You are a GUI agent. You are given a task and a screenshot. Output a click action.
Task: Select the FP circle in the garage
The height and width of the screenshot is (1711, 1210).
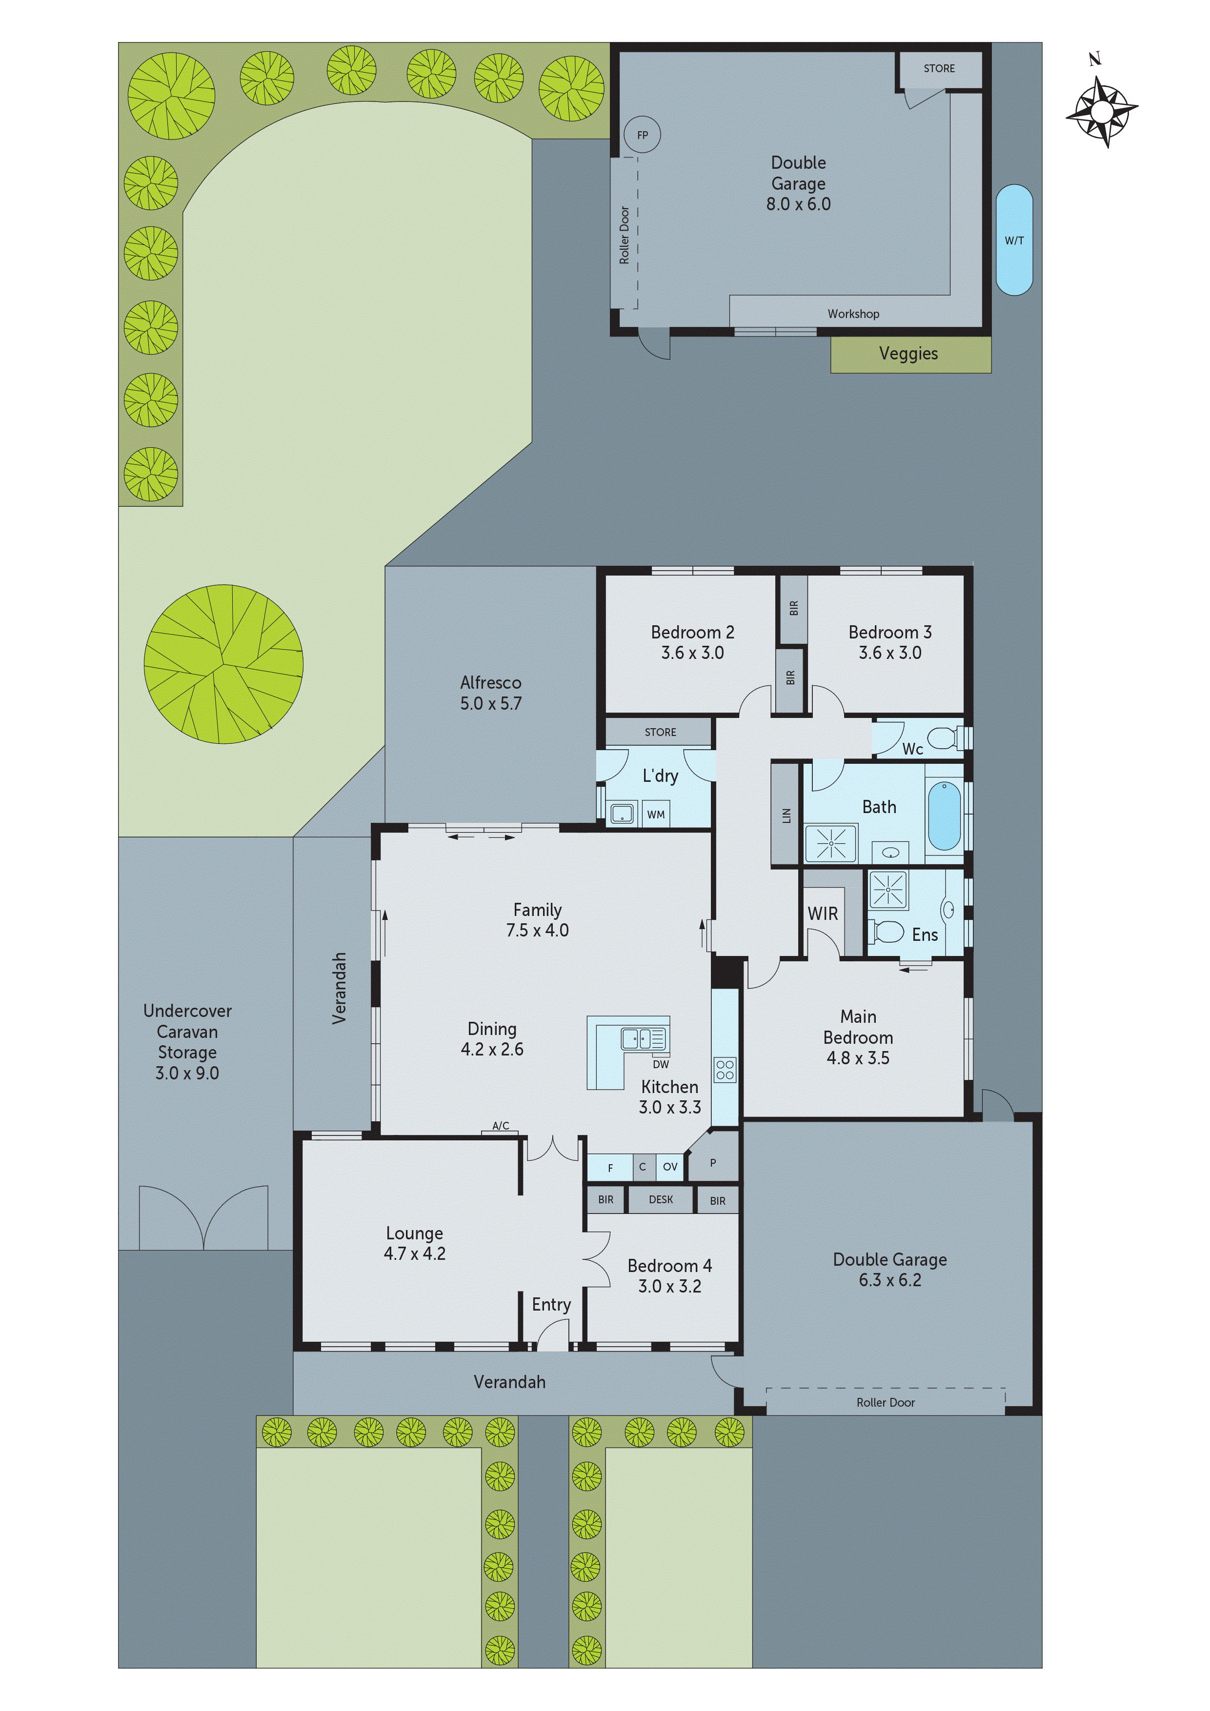tap(642, 136)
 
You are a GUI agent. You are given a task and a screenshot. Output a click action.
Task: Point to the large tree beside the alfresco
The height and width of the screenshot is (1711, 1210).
tap(223, 663)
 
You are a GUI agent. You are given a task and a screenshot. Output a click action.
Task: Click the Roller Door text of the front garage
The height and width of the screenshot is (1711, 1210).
tap(885, 1402)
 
